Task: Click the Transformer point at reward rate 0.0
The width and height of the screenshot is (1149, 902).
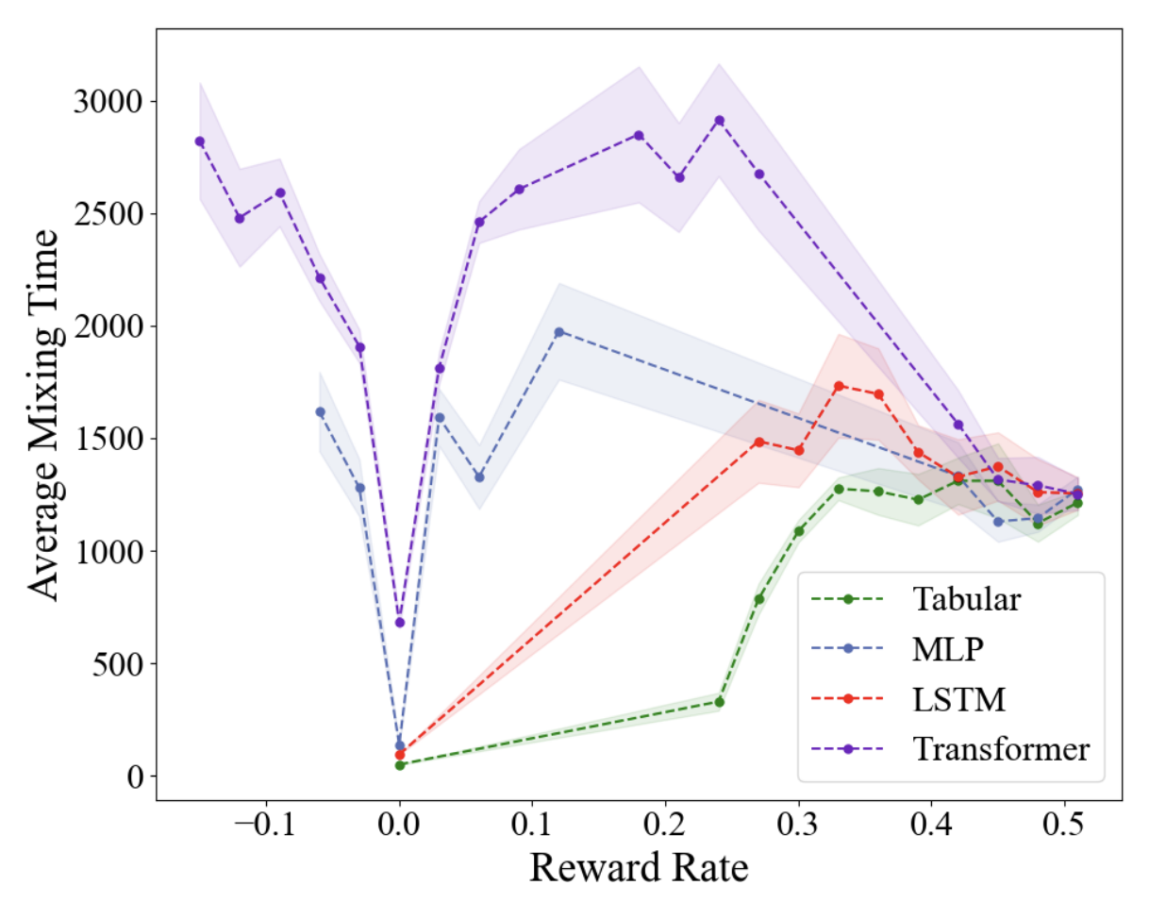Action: coord(400,623)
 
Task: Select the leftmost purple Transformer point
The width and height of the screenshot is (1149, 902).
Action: coord(200,142)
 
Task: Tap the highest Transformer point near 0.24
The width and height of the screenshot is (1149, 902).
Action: coord(720,120)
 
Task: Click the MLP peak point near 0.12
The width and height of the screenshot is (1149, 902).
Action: coord(558,332)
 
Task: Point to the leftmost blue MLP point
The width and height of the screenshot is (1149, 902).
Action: coord(320,411)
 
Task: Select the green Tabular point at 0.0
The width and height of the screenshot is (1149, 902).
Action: coord(400,765)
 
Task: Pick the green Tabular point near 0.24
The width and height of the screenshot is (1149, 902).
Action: coord(720,702)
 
